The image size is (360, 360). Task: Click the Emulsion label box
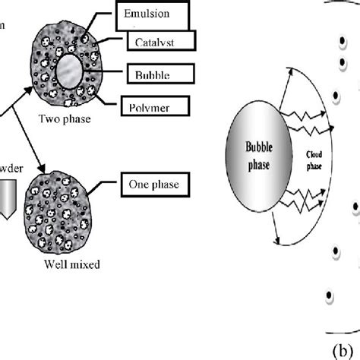click(154, 14)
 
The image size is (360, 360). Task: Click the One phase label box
click(155, 184)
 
